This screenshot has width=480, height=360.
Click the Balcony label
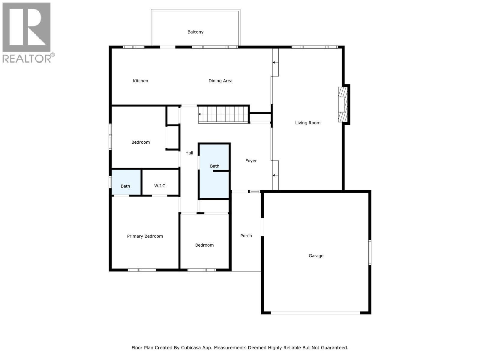[195, 32]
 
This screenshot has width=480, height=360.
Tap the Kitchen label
[140, 81]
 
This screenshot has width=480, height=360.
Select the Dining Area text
[220, 81]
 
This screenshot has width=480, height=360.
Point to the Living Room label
[307, 123]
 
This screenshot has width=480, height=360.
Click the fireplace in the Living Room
[343, 104]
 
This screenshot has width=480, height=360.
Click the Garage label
[316, 256]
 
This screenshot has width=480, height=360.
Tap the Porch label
[246, 236]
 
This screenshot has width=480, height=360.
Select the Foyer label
[251, 161]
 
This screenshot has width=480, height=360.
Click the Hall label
[189, 153]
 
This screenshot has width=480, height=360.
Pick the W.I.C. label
[160, 186]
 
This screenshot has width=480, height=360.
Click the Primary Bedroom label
[145, 236]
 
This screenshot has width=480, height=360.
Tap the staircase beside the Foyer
[223, 114]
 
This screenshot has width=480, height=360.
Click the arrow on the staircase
[200, 114]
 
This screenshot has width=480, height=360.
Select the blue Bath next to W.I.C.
[125, 186]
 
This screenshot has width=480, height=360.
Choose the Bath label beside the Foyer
[214, 166]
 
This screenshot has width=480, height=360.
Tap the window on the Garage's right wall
[370, 252]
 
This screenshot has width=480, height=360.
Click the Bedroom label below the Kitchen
[140, 142]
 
